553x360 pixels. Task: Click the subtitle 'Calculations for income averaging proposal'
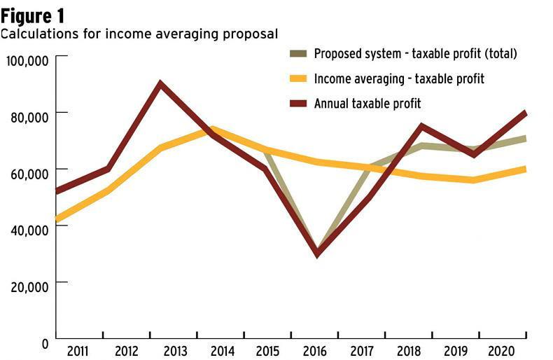click(x=139, y=33)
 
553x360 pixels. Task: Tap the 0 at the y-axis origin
click(x=44, y=343)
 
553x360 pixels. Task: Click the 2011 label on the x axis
click(x=78, y=350)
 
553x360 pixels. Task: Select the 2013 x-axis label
click(x=172, y=350)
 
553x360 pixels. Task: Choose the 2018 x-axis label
click(x=409, y=350)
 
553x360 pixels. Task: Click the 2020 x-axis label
click(x=503, y=350)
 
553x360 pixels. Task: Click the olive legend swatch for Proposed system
click(x=298, y=54)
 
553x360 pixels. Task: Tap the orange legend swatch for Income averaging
click(x=298, y=78)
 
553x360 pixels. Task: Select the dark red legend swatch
click(x=298, y=104)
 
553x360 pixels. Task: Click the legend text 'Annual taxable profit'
click(x=367, y=104)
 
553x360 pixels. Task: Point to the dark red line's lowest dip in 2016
click(x=318, y=254)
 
